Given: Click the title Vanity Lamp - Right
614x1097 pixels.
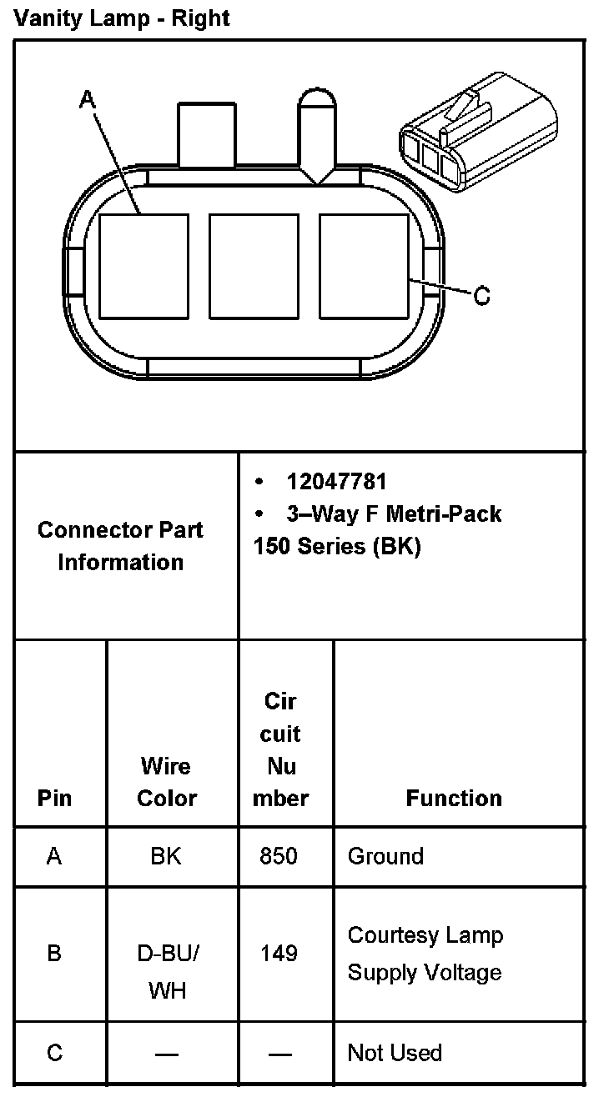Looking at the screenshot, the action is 122,18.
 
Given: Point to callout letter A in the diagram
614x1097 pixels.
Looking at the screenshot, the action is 88,101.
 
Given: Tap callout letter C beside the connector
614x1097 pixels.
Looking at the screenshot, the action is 481,296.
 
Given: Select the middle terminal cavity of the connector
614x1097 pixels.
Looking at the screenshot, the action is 254,266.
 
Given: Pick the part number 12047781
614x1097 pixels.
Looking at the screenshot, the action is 336,482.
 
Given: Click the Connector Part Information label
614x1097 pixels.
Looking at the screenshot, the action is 121,546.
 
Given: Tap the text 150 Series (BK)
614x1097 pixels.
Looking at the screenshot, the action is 337,547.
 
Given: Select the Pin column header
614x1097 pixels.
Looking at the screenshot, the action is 55,798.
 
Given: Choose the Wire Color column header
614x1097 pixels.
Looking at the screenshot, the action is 166,782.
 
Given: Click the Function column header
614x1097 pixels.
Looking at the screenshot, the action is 454,798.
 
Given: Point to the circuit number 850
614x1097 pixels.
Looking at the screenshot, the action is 279,856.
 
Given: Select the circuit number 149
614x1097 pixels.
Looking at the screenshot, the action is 279,953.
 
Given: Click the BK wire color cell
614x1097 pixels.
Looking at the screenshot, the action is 166,856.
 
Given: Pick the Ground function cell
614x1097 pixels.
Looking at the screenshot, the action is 385,856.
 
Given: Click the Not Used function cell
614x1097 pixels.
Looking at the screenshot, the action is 395,1053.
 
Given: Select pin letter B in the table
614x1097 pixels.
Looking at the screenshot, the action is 54,953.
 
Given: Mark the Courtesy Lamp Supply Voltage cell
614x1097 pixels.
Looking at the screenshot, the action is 425,954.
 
